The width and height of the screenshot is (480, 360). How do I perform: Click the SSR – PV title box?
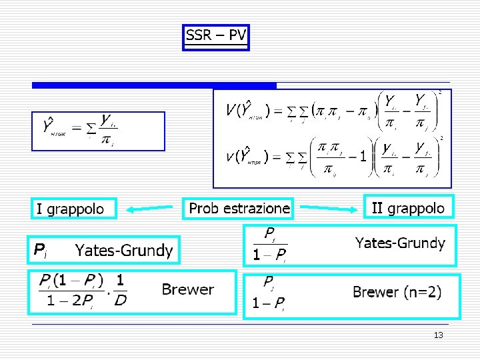(215, 36)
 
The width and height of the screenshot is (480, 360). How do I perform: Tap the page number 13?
(438, 335)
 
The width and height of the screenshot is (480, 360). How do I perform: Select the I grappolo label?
(71, 209)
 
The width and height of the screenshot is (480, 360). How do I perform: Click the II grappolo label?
(407, 208)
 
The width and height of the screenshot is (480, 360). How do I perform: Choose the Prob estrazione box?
(239, 208)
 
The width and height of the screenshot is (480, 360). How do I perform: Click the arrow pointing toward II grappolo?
(327, 209)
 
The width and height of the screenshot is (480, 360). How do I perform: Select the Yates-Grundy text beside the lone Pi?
(124, 251)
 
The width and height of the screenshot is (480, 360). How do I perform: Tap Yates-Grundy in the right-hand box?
(399, 243)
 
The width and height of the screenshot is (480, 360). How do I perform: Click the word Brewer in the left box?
(187, 289)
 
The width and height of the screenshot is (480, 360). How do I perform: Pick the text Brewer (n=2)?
(397, 292)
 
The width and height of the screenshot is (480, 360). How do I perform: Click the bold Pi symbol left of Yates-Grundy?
(39, 250)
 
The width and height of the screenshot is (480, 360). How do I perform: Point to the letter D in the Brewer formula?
(120, 301)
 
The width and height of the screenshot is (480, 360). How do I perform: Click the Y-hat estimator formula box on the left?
(98, 131)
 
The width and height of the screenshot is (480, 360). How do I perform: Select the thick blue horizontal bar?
(154, 85)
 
